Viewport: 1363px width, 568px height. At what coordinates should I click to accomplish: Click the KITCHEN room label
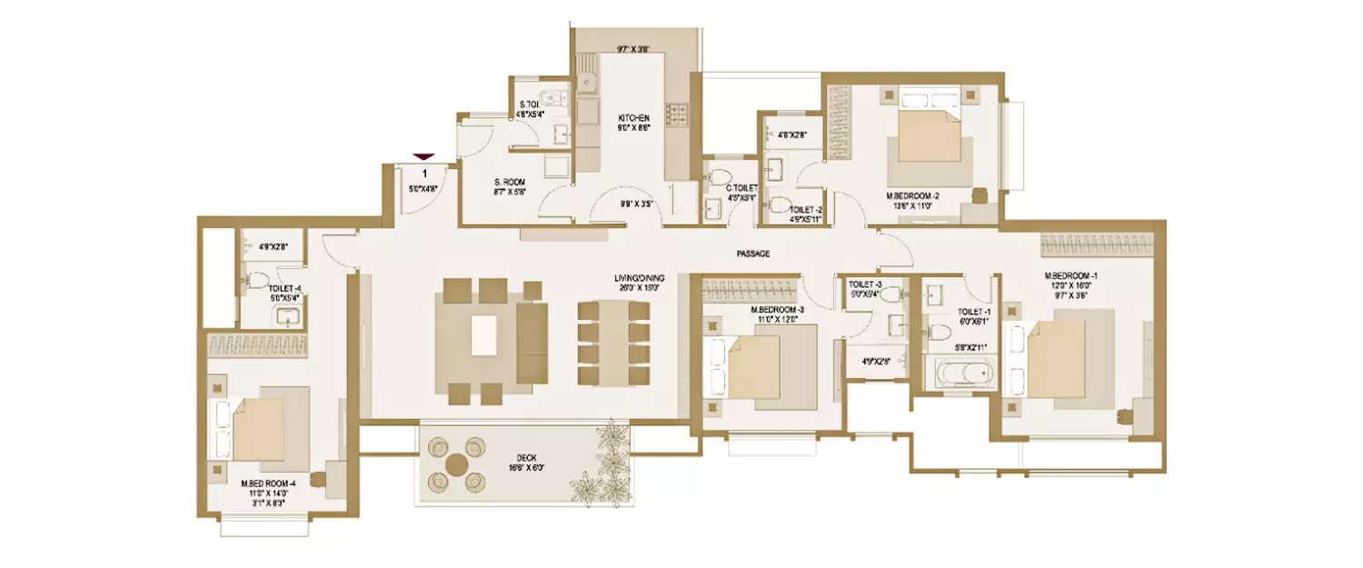coord(634,118)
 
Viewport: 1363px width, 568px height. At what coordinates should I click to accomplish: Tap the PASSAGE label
coord(753,254)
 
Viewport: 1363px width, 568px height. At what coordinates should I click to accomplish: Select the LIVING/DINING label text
coord(640,277)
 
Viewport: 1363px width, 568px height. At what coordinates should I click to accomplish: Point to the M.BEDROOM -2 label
coord(912,195)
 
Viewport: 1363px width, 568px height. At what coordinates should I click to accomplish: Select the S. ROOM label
coord(510,182)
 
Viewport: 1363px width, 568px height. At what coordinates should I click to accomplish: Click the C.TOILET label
coord(741,188)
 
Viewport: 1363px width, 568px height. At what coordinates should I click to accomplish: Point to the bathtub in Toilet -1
coord(959,374)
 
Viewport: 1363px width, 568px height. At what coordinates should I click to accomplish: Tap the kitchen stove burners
coord(678,113)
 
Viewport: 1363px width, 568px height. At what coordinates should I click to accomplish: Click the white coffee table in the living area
coord(484,334)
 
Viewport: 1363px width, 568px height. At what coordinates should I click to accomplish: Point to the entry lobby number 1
coord(424,172)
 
